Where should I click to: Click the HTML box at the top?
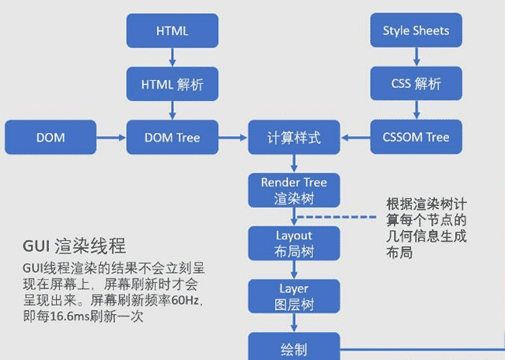coord(172,31)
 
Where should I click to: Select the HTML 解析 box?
coord(172,84)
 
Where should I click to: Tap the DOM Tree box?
coord(172,138)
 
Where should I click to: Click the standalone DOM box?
coord(50,138)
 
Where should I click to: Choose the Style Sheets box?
coord(416,31)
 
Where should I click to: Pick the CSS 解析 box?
coord(416,84)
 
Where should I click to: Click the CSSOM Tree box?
coord(416,138)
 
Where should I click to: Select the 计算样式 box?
coord(294,138)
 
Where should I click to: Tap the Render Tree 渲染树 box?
coord(294,190)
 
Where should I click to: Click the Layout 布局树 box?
coord(294,243)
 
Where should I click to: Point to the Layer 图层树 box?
coord(294,296)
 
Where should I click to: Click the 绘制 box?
coord(294,347)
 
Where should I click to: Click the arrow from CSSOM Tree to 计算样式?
coord(355,138)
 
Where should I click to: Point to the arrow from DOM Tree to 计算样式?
coord(232,138)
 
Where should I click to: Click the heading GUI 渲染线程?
coord(74,248)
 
